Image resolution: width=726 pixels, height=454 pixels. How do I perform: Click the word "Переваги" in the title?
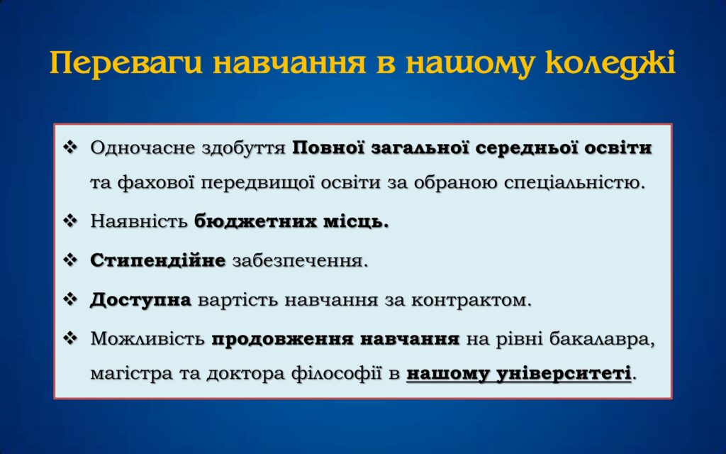tap(126, 63)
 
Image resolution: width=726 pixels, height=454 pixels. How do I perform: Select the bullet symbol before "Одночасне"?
tap(70, 148)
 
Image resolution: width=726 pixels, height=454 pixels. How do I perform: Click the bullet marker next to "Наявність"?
tap(70, 221)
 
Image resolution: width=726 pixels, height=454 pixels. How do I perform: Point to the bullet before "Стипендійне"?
tap(70, 260)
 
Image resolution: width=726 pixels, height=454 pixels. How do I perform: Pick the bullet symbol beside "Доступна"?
tap(70, 299)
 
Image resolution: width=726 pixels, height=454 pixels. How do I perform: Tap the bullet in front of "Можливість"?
tap(70, 338)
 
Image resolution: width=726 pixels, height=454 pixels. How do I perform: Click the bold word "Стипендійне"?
tap(158, 261)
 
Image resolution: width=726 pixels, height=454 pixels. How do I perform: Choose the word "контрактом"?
tap(469, 300)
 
